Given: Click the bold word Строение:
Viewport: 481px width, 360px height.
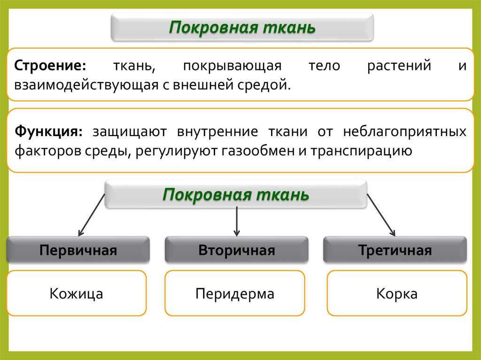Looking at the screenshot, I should [50, 65].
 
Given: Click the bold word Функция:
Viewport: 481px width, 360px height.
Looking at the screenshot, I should [48, 131].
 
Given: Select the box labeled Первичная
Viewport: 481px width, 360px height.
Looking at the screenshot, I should [78, 250].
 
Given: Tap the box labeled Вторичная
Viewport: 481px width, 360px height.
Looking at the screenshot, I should [236, 250].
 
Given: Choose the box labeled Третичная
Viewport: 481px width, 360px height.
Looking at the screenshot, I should [395, 250].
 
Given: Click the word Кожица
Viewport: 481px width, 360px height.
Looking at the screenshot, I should [76, 294].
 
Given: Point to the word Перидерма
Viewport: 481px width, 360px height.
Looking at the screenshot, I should [235, 294].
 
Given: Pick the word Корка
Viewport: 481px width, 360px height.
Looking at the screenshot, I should [397, 294].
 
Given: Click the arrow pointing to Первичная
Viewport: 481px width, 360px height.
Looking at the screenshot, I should [92, 214].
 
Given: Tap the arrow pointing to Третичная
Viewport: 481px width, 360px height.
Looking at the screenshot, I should [381, 214].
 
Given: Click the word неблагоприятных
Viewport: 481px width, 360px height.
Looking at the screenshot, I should [404, 131].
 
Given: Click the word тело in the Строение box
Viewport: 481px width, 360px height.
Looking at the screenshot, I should [324, 65].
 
